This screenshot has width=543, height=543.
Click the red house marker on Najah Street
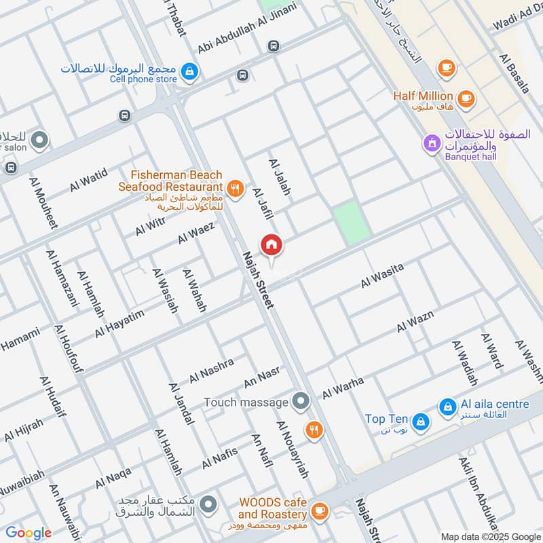click(271, 245)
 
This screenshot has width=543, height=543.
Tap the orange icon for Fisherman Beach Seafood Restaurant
click(236, 189)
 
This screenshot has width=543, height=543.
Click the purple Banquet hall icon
click(430, 143)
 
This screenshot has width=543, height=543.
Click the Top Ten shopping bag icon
click(421, 422)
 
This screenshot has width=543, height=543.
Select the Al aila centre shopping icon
click(447, 407)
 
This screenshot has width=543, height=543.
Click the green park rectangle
click(352, 222)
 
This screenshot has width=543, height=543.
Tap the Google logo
click(29, 533)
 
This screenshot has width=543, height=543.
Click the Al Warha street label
click(343, 388)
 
